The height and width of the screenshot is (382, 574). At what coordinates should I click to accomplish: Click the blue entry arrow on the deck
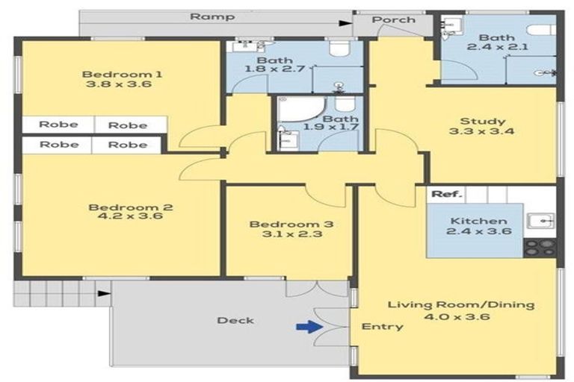(x=309, y=327)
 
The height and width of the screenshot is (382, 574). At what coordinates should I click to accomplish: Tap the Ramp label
(x=212, y=17)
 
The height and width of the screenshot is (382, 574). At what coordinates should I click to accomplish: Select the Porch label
(x=394, y=19)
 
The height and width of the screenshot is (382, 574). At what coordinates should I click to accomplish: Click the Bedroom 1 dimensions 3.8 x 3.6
(x=119, y=84)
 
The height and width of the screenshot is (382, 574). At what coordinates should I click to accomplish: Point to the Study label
(x=483, y=121)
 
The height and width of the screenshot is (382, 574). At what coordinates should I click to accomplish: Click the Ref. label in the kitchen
(x=447, y=194)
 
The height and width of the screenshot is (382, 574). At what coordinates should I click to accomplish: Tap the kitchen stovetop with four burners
(x=540, y=248)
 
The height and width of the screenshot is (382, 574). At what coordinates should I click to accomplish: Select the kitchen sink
(x=540, y=221)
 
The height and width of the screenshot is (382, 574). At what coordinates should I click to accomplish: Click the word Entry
(x=382, y=327)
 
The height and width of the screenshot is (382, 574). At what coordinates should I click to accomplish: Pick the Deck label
(x=235, y=321)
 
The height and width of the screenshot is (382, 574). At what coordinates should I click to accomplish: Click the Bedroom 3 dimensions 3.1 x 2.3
(x=291, y=234)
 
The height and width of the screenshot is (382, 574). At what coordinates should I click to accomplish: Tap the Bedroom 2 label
(x=130, y=207)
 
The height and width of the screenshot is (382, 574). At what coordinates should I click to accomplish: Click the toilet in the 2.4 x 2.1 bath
(x=542, y=29)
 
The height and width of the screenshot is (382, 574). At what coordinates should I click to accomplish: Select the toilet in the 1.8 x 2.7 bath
(x=340, y=48)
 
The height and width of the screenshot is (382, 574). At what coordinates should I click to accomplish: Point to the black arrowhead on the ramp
(x=345, y=23)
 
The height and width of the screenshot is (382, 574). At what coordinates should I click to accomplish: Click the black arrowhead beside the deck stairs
(x=105, y=293)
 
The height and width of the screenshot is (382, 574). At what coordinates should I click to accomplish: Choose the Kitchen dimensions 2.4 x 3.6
(x=479, y=231)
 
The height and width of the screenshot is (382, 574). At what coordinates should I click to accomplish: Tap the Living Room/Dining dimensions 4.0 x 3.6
(x=457, y=316)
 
